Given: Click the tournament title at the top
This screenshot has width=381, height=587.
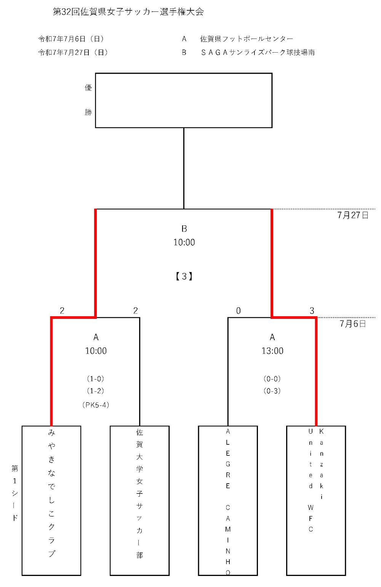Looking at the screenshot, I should click(128, 12).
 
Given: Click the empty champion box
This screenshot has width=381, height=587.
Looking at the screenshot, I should click(184, 100).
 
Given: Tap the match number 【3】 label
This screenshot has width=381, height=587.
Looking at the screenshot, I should click(184, 277).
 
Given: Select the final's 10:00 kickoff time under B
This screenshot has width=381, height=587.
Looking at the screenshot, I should click(184, 243).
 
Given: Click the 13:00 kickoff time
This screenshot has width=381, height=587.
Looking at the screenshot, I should click(272, 351).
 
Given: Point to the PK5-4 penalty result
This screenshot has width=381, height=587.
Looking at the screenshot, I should click(96, 405).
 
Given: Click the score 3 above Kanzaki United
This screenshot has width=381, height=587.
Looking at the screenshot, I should click(312, 311).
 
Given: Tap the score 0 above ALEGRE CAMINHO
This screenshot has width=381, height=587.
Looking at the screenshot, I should click(238, 311).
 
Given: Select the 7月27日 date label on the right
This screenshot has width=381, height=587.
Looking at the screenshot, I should click(353, 216).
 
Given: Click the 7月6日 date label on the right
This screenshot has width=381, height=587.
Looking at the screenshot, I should click(353, 324).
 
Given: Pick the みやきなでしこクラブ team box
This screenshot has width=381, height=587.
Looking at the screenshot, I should click(51, 500).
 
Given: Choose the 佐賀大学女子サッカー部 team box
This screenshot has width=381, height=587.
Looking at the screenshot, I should click(139, 500).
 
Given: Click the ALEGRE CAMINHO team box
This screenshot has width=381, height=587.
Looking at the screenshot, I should click(228, 500).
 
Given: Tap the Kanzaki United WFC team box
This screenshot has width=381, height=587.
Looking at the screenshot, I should click(316, 500).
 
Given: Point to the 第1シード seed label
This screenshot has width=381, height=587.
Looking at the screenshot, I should click(15, 493).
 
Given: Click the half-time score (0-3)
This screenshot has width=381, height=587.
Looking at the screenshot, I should click(272, 391).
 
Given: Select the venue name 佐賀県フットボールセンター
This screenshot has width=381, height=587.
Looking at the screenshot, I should click(247, 39).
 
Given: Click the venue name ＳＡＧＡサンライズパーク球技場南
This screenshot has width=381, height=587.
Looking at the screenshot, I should click(258, 53).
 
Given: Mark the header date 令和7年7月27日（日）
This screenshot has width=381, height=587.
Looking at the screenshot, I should click(73, 53).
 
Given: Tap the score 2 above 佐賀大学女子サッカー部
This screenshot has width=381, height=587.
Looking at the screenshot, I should click(135, 311).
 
